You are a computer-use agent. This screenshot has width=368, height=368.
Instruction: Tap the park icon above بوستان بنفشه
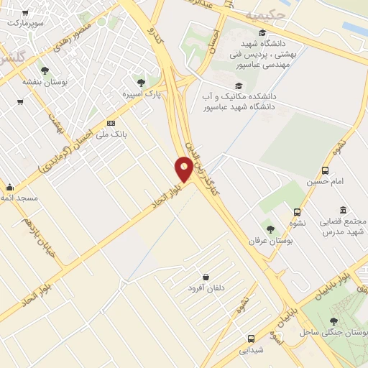pos(45,70)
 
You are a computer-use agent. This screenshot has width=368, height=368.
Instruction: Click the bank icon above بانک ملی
pos(110,123)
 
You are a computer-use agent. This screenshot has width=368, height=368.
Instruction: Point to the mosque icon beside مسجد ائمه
pos(9,188)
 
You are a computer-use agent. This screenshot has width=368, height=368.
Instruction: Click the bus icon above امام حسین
pos(325,170)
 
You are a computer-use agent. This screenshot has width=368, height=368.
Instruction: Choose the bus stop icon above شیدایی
pos(251,338)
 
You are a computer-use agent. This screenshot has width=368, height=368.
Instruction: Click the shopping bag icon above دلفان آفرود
pos(206,277)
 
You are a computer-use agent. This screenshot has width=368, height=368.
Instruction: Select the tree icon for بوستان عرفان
pos(270,229)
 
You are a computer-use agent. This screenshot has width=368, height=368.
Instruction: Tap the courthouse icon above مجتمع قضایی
pos(343,210)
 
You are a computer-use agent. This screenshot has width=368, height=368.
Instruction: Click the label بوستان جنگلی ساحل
pos(328,332)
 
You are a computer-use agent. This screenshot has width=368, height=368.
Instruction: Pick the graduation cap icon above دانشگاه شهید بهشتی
pos(263,33)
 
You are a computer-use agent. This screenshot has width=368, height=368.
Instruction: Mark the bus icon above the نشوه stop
pos(297,212)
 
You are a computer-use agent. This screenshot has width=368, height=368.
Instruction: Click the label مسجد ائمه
pos(20,198)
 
